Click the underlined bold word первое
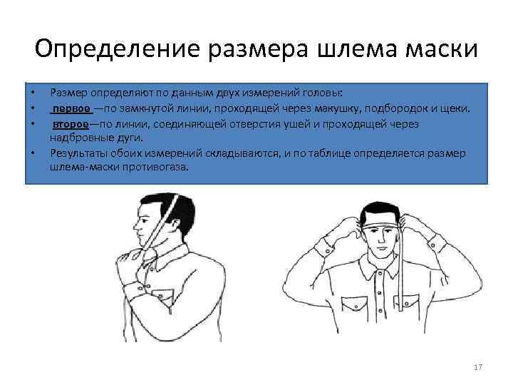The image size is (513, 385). (x=71, y=108)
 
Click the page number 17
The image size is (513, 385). (x=478, y=367)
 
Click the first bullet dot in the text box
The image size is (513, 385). (x=32, y=93)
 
